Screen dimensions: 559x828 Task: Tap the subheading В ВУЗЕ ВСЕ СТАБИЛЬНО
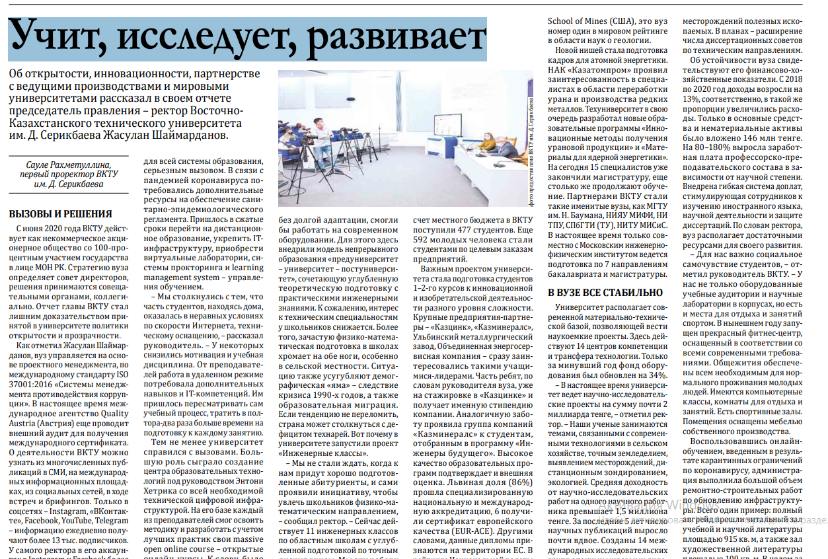click(605, 291)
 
